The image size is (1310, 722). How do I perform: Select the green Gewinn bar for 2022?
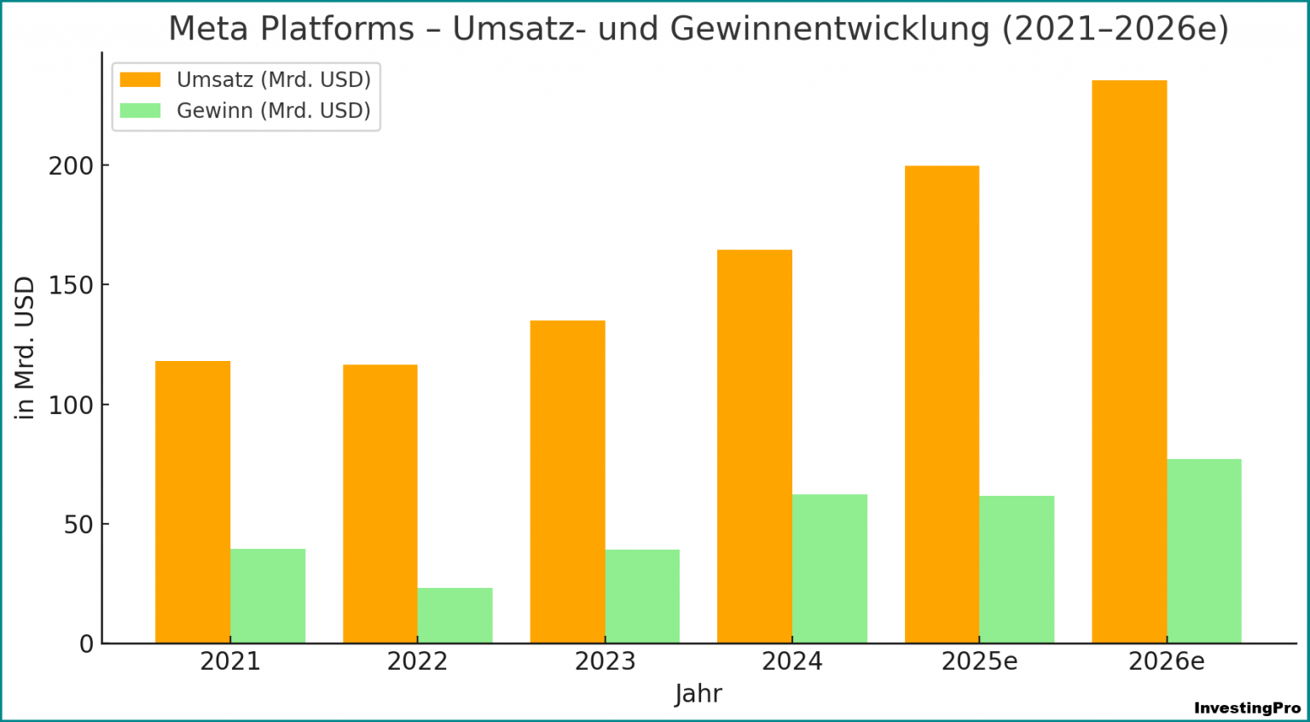click(455, 615)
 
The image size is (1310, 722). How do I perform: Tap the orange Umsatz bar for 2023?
click(567, 481)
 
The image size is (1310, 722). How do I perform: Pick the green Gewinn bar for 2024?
click(829, 568)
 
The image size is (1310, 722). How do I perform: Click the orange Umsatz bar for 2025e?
click(942, 405)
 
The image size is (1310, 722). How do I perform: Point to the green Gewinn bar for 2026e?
click(1203, 550)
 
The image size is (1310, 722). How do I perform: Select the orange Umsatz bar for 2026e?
click(1129, 362)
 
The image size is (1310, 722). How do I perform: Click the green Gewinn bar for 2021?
click(268, 596)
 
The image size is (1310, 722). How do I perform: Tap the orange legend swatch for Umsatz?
click(140, 79)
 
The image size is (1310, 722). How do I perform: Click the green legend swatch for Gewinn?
click(140, 110)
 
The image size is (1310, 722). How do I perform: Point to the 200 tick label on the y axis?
click(70, 166)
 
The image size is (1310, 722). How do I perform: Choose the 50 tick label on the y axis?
click(78, 524)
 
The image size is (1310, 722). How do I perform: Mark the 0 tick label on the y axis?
click(85, 644)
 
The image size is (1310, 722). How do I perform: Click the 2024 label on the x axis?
click(791, 661)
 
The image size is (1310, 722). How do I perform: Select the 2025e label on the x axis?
click(979, 661)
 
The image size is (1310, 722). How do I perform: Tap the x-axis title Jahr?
click(698, 693)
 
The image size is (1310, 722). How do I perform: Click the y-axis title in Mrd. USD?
click(26, 347)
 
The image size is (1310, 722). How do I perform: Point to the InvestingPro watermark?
click(1247, 707)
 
